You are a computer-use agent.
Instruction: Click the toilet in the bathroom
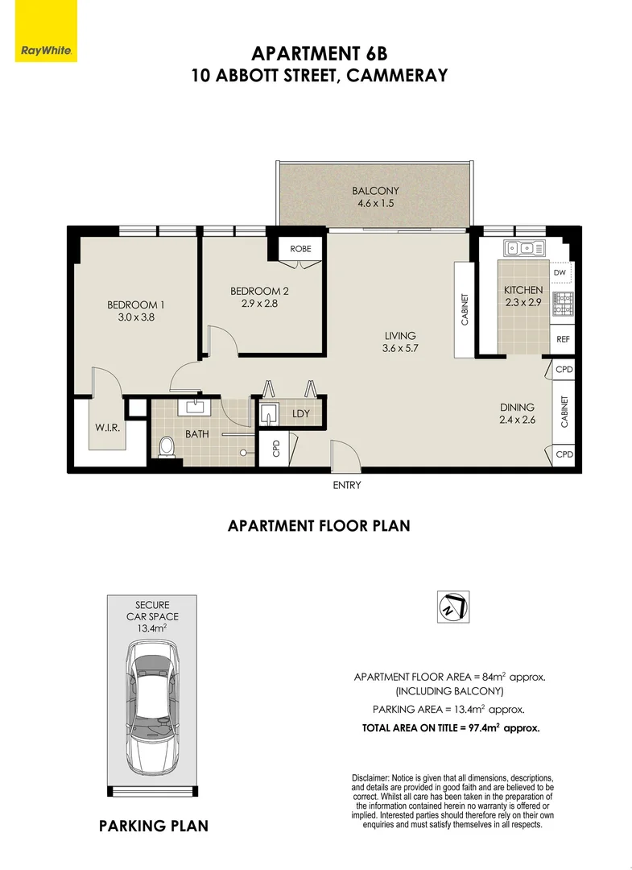(x=167, y=447)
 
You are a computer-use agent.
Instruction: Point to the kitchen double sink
(x=524, y=247)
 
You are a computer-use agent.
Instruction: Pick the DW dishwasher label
(x=560, y=273)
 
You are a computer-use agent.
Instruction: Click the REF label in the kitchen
(x=563, y=339)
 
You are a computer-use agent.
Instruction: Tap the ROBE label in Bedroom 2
(x=300, y=249)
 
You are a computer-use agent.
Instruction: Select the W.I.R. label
(x=109, y=428)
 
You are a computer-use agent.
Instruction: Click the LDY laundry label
(x=301, y=414)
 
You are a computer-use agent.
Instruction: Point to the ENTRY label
(x=346, y=485)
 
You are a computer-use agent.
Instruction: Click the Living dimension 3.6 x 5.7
(x=400, y=349)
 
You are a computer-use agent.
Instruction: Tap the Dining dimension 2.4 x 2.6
(x=517, y=420)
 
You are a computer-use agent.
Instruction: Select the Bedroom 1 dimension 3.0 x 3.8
(x=135, y=317)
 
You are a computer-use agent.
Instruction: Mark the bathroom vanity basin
(x=194, y=407)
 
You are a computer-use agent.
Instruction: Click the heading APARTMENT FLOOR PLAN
(x=319, y=526)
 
